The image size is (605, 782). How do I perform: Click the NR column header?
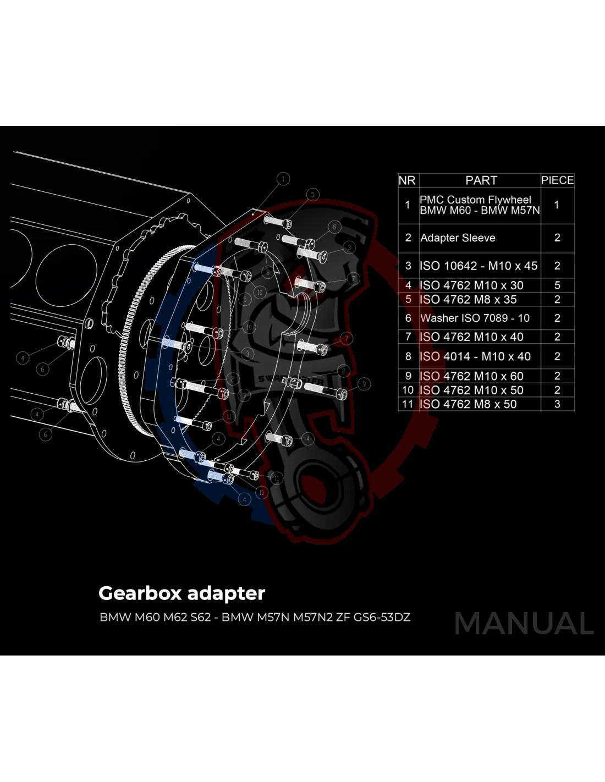(408, 180)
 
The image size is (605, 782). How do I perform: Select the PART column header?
(481, 180)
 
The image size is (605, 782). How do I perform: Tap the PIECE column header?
(557, 180)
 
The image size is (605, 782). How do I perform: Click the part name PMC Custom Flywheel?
(475, 200)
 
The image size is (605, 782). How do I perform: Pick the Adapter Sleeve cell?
(458, 238)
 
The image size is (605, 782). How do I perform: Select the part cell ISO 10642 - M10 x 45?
(478, 266)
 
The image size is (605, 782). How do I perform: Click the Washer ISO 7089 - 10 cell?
(475, 318)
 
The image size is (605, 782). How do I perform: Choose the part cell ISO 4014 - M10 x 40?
(475, 356)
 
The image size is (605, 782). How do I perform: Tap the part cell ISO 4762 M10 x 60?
(471, 376)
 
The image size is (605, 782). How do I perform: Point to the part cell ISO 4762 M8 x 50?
(468, 404)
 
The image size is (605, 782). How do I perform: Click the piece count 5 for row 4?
(557, 285)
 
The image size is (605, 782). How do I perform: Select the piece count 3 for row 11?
(557, 404)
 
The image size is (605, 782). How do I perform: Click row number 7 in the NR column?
(408, 337)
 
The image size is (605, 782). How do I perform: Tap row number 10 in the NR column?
(408, 390)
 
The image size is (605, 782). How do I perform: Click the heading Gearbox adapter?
(182, 593)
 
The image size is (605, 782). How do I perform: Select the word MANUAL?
(524, 624)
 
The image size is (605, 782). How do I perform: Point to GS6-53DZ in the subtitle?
(382, 617)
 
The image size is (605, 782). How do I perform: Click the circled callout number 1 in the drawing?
(283, 179)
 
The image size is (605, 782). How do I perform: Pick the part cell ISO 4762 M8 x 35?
(468, 300)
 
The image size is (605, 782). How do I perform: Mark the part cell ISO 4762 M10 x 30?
(471, 285)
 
